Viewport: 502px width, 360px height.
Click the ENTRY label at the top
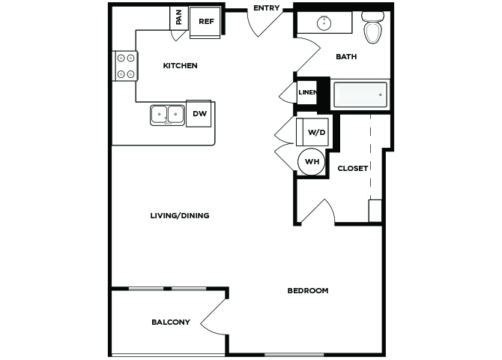click(x=267, y=8)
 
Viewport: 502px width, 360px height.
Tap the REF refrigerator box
click(x=205, y=22)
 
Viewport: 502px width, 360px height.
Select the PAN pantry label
click(x=178, y=17)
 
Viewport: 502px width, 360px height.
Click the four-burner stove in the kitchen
click(x=125, y=66)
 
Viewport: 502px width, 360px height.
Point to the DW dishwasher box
click(x=199, y=113)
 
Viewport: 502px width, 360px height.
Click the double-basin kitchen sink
click(x=167, y=115)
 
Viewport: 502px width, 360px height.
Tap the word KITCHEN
click(x=181, y=66)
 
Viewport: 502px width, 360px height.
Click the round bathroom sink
click(x=324, y=23)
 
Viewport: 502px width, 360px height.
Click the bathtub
click(x=360, y=95)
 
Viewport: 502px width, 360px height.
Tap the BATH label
click(x=346, y=57)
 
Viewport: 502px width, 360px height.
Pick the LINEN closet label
click(x=308, y=92)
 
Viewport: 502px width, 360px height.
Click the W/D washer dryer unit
click(x=312, y=132)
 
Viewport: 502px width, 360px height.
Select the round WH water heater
click(x=311, y=161)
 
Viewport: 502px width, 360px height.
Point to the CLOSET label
click(x=352, y=168)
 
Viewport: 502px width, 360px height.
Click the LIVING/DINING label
click(x=180, y=215)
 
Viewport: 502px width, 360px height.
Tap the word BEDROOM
click(x=308, y=291)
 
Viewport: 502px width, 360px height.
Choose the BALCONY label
click(x=171, y=322)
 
